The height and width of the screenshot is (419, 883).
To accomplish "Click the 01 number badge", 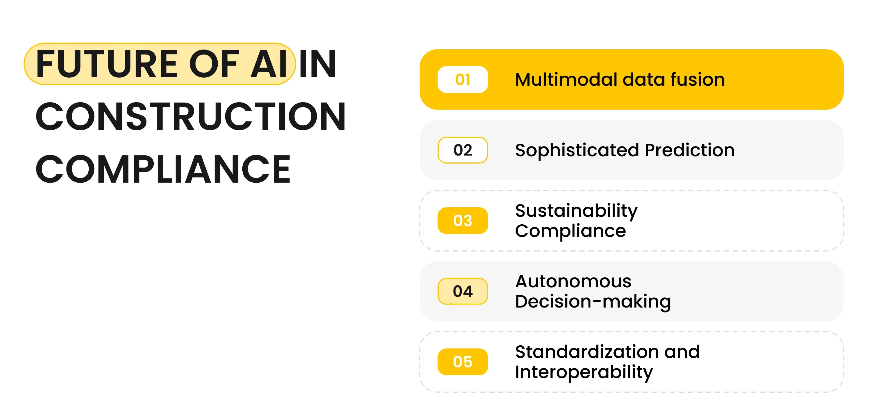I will pos(463,80).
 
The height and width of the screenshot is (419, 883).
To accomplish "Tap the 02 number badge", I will pos(463,150).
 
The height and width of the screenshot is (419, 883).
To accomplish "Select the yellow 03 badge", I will pos(463,221).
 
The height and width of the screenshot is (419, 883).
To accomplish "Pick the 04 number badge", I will pos(463,291).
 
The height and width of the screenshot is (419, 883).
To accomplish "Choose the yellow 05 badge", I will pos(463,362).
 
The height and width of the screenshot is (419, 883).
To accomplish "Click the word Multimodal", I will pos(566,80).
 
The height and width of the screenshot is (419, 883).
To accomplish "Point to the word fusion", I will pos(697,80).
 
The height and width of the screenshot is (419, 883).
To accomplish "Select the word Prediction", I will pos(689,150).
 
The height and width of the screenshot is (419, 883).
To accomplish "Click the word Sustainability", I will pos(576,211).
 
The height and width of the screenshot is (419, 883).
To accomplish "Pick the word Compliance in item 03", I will pos(570,231).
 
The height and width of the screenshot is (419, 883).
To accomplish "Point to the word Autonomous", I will pos(573,281).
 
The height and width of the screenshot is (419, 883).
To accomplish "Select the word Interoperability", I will pos(584,373).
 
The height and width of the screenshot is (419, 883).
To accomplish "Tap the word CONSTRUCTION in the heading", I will pos(190,117).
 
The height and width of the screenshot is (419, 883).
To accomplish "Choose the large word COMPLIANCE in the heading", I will pos(163,169).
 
